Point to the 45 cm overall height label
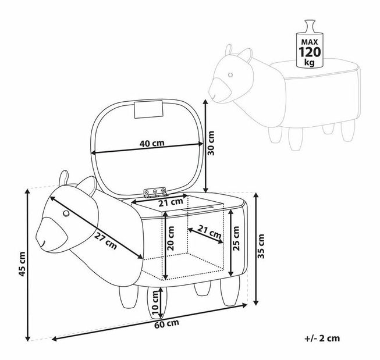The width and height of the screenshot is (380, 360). [22, 264]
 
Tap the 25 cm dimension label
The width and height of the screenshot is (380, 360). [236, 237]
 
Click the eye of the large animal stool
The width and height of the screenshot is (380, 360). [66, 215]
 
